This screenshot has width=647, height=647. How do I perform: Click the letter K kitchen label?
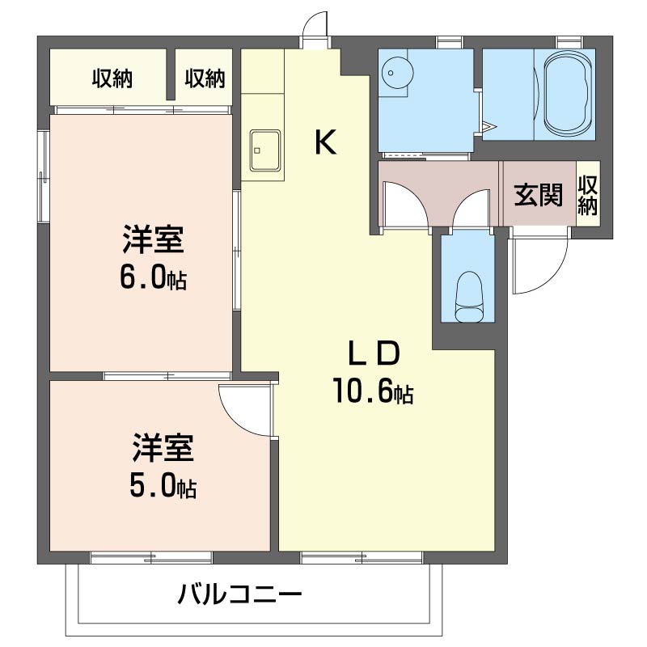325,143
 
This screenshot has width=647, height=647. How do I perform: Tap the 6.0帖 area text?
153,278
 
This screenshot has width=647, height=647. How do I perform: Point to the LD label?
373,353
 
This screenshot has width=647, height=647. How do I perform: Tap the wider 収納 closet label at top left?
112,78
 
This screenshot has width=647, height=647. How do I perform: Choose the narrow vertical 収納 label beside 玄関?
587,195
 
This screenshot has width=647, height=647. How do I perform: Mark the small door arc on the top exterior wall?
315,27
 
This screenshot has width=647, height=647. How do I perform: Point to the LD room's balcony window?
362,556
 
